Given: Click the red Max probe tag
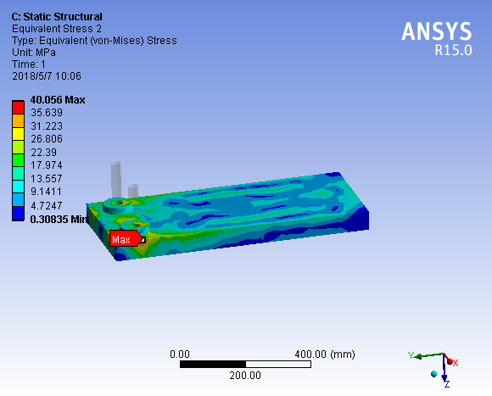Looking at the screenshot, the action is pos(126,238).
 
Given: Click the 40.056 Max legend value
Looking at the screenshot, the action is pos(58,100).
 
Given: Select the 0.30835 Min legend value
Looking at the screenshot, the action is pos(59,219).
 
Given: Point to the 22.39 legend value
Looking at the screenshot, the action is pos(43,153).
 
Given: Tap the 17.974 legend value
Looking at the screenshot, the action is pos(47,165).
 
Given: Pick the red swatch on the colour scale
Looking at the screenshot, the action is pos(18,107).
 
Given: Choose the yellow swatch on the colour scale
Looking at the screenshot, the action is pos(18,134).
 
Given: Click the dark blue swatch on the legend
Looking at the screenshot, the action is pos(18,214).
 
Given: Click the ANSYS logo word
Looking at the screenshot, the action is pos(437,31).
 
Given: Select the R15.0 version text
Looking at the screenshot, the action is pos(453,50).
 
